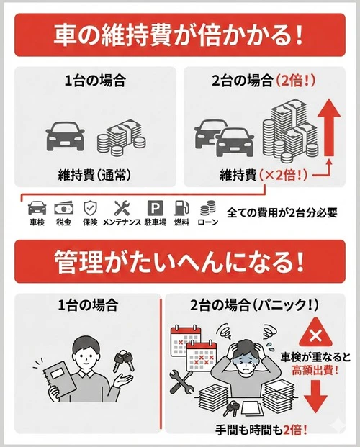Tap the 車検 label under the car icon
(x=37, y=222)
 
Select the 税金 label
(x=64, y=222)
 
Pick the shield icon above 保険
(x=89, y=207)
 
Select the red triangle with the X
(x=314, y=335)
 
